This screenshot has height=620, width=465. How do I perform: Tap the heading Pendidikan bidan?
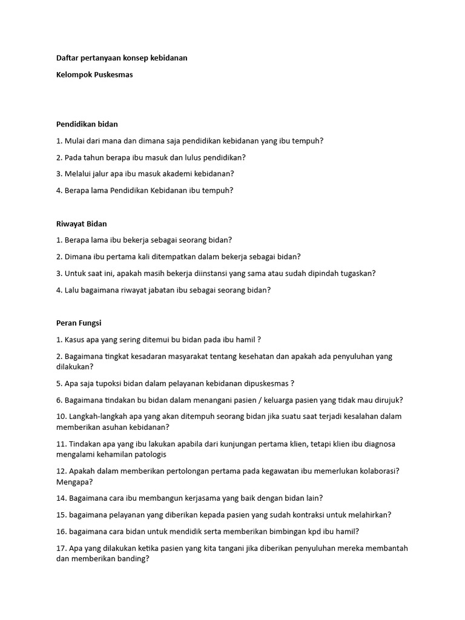[x=87, y=124]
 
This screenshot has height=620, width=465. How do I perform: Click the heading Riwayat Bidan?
[x=81, y=224]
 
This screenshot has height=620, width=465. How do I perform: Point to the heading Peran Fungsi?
[x=79, y=323]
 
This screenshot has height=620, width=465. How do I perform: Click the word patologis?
[x=150, y=455]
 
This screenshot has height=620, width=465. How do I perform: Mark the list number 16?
[x=61, y=532]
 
